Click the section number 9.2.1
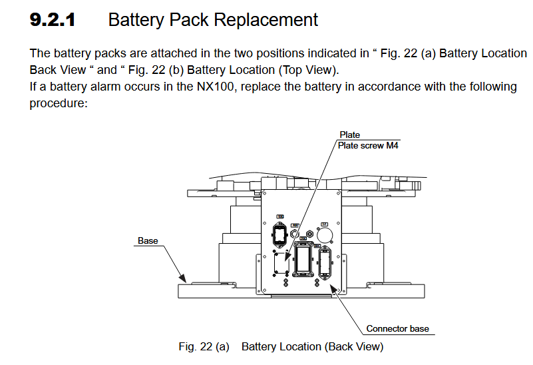(x=53, y=20)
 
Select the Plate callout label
(x=349, y=135)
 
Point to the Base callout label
(x=148, y=240)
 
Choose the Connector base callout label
(x=397, y=328)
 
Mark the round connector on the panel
(x=325, y=235)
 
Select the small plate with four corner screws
(x=281, y=264)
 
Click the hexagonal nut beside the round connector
(x=309, y=234)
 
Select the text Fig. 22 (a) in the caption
(x=204, y=346)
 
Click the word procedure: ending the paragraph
(x=59, y=103)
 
